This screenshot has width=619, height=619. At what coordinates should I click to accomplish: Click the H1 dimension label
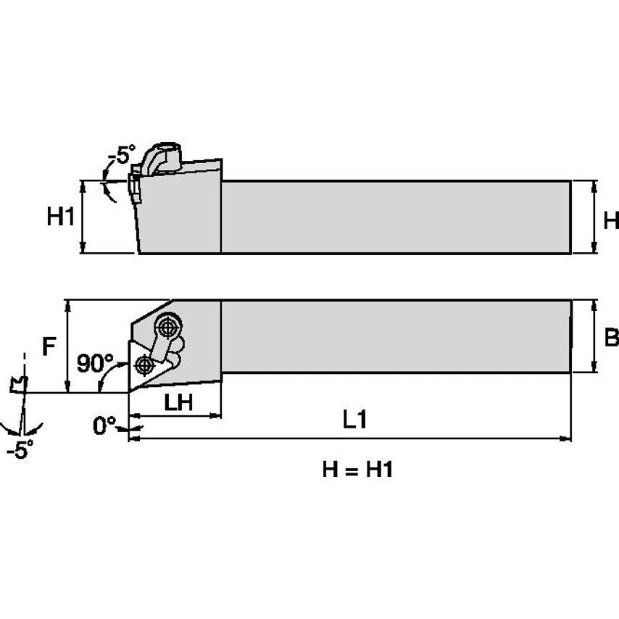point(61,216)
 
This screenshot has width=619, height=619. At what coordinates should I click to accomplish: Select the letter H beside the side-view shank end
point(611,220)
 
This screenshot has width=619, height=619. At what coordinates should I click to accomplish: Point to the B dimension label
point(611,338)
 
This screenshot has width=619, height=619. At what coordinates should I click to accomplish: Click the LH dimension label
point(177,403)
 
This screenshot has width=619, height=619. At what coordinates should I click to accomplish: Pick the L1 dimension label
point(354,421)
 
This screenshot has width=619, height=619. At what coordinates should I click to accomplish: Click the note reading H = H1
point(357,470)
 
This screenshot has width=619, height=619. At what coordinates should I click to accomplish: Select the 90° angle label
point(95,362)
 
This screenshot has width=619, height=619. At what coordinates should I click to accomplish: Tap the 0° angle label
point(104,425)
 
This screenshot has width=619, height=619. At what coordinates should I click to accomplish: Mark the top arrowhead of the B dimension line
point(595,304)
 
